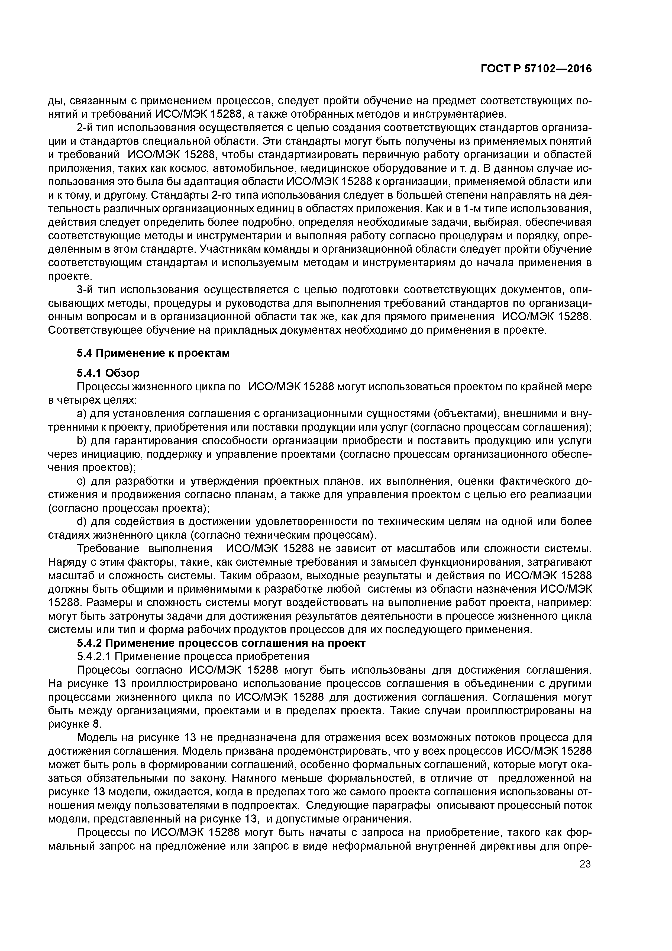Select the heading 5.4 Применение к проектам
[153, 353]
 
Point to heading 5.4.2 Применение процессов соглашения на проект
[221, 643]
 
